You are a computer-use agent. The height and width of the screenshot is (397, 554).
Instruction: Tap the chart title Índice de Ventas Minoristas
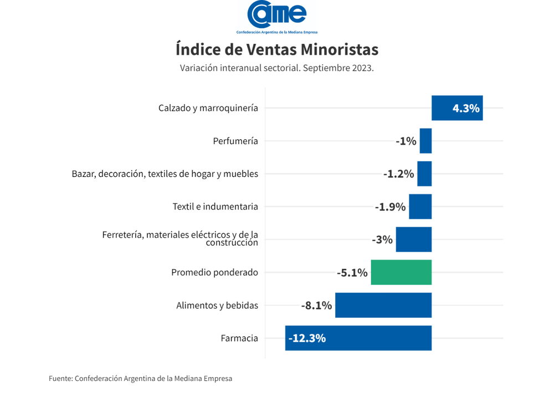coord(277,49)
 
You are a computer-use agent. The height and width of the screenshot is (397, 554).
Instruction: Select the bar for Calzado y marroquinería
coord(457,108)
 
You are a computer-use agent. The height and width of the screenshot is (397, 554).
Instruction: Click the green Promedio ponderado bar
coord(401,272)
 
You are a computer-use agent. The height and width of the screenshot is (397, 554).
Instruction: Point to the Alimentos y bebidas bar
coord(383,306)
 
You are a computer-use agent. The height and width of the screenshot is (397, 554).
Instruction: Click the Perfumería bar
coord(425,141)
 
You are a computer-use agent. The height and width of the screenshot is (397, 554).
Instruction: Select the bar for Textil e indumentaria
coord(420,207)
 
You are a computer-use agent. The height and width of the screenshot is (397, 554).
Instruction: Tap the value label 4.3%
coord(465,108)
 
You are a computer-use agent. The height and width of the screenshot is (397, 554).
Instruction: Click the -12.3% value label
coord(307,338)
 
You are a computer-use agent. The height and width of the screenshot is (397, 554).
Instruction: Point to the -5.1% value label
coord(352,273)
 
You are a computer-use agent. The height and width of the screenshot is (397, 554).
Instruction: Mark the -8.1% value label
coord(316,306)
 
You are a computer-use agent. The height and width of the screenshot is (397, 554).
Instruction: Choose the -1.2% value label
coord(399,174)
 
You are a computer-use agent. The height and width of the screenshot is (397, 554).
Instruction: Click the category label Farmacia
coord(239,338)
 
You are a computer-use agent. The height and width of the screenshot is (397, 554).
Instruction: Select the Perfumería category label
coord(235,141)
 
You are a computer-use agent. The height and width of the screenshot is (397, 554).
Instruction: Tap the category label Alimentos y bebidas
coord(217,306)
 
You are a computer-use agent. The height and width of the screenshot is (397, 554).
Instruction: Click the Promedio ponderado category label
coord(214,273)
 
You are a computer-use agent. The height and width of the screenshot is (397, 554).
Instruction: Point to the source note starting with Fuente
coord(140,379)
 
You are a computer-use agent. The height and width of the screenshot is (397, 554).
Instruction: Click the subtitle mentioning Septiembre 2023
coord(277,68)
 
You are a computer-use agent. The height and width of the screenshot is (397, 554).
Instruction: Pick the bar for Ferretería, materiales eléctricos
coord(413,240)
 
